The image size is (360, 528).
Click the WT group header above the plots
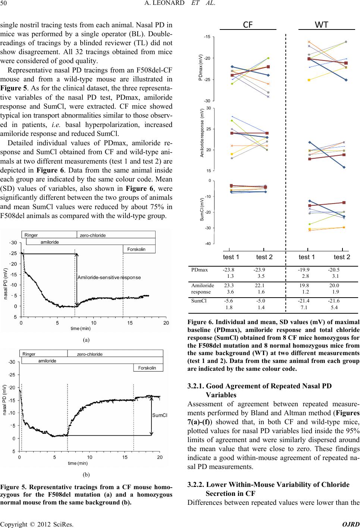tap(321, 25)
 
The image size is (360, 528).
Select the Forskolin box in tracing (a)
tap(139, 249)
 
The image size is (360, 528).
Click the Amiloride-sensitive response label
tap(109, 277)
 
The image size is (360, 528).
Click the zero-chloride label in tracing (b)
tap(90, 354)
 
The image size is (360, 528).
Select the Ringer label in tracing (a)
tap(31, 235)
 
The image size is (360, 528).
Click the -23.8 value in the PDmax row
tap(229, 269)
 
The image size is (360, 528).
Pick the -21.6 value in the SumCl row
tap(335, 300)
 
